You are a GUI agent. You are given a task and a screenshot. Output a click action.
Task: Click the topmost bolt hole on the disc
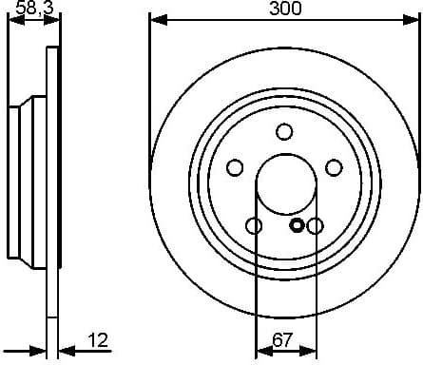click(x=284, y=132)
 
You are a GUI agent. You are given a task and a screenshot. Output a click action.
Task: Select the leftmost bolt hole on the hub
click(x=235, y=167)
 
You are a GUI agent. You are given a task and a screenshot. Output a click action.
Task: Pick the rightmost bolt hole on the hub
click(x=334, y=167)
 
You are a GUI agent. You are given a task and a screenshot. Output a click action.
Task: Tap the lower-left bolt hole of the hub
click(x=254, y=225)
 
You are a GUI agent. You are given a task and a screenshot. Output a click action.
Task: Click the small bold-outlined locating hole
click(x=297, y=225)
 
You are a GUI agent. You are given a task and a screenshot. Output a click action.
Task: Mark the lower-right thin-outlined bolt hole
click(x=315, y=225)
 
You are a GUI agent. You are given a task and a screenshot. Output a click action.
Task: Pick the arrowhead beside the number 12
click(x=65, y=351)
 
